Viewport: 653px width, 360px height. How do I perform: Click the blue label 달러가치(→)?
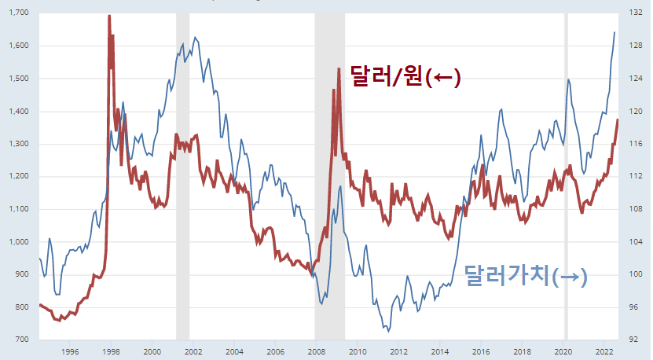(x=526, y=275)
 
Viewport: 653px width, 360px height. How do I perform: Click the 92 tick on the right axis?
(x=633, y=340)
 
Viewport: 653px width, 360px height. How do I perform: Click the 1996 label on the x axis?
(x=69, y=351)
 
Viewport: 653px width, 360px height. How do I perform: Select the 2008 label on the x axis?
(x=316, y=351)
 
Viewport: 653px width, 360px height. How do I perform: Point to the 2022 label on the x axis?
(x=604, y=351)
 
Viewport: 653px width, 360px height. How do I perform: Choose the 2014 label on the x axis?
(x=439, y=351)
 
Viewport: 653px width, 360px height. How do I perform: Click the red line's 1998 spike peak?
(x=108, y=17)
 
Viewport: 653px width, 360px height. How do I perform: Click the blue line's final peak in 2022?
(x=614, y=32)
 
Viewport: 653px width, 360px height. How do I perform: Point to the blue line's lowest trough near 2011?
(x=388, y=331)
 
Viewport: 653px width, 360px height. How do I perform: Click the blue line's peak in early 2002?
(x=195, y=37)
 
